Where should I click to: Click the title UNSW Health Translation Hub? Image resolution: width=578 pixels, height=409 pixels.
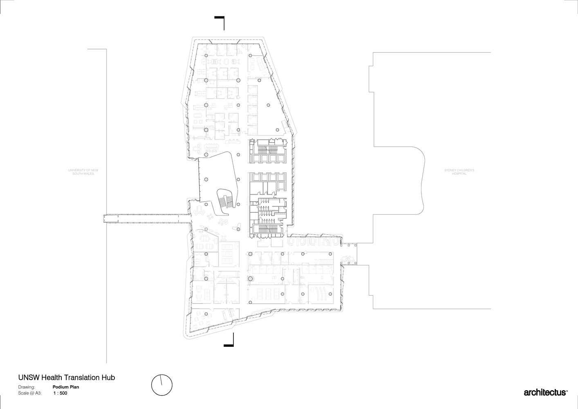point(67,378)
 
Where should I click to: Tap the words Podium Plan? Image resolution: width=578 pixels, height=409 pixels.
point(66,387)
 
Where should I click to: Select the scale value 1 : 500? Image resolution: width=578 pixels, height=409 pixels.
point(60,393)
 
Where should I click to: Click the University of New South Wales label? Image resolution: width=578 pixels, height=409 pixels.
point(83,172)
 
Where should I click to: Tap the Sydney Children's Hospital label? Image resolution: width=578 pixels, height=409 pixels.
point(459,172)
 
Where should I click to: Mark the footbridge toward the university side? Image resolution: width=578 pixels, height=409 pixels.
point(147,218)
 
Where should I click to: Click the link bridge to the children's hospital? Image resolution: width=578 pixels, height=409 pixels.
point(349,254)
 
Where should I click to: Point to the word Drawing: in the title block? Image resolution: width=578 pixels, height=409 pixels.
point(26,387)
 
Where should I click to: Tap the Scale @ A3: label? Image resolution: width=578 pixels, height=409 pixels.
point(30,393)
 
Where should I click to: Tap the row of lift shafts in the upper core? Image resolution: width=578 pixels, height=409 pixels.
point(268,158)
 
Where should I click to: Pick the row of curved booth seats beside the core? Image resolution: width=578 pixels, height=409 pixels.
point(313,242)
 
